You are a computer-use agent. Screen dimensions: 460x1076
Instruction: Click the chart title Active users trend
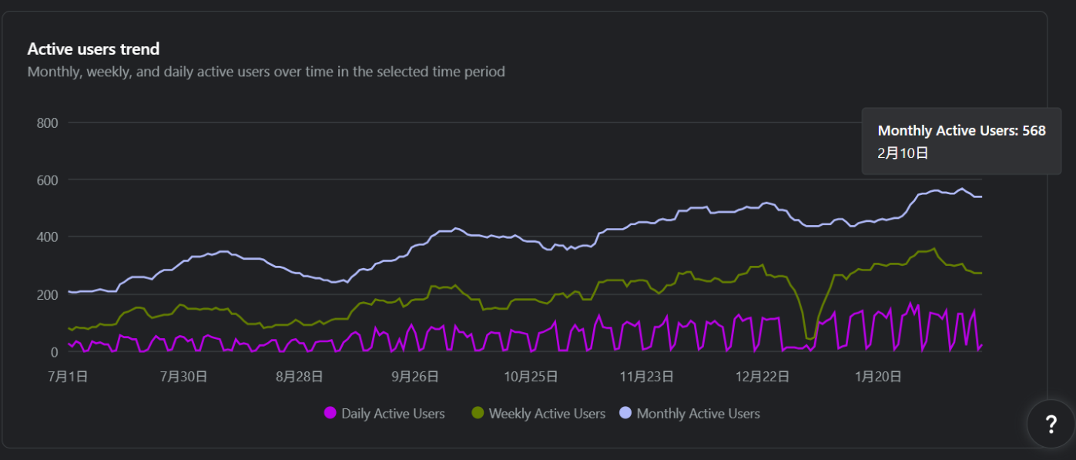[x=93, y=49]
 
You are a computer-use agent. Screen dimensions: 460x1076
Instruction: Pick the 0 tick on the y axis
[x=54, y=352]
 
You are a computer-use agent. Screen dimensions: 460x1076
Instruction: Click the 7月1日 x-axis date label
[x=68, y=377]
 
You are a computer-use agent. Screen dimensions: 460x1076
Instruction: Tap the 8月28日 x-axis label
[x=300, y=377]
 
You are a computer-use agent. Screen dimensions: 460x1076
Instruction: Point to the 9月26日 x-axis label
[x=415, y=377]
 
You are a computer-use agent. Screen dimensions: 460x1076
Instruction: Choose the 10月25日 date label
[x=531, y=377]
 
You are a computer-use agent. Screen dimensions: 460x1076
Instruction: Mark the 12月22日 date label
[x=763, y=377]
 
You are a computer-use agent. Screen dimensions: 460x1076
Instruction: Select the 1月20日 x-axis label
[x=879, y=377]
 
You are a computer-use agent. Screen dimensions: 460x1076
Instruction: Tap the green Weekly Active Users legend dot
[x=478, y=413]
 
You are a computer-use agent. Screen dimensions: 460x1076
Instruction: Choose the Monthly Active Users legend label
[x=698, y=414]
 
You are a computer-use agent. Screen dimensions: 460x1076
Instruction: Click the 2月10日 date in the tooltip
[x=903, y=153]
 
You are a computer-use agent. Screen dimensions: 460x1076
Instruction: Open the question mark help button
[x=1051, y=424]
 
